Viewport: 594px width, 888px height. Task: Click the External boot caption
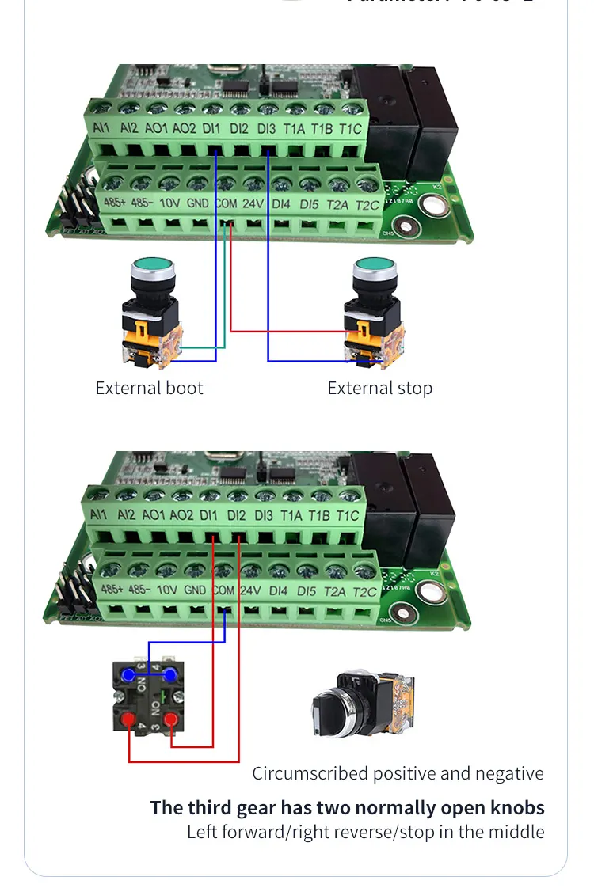click(x=149, y=389)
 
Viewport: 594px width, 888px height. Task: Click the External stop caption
click(x=379, y=389)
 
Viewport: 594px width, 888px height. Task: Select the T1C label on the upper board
click(x=350, y=128)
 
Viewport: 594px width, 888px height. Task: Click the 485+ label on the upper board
click(x=114, y=203)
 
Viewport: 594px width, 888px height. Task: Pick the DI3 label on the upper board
click(x=266, y=128)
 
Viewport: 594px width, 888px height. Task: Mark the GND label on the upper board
click(x=198, y=203)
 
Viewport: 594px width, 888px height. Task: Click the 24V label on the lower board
click(x=250, y=590)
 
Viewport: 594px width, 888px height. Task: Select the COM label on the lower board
click(x=223, y=590)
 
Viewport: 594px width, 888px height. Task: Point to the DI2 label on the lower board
click(x=236, y=515)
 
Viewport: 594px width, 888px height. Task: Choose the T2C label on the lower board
click(x=365, y=592)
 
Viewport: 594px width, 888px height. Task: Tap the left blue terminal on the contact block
click(x=128, y=674)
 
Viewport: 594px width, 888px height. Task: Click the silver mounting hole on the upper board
click(x=432, y=207)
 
